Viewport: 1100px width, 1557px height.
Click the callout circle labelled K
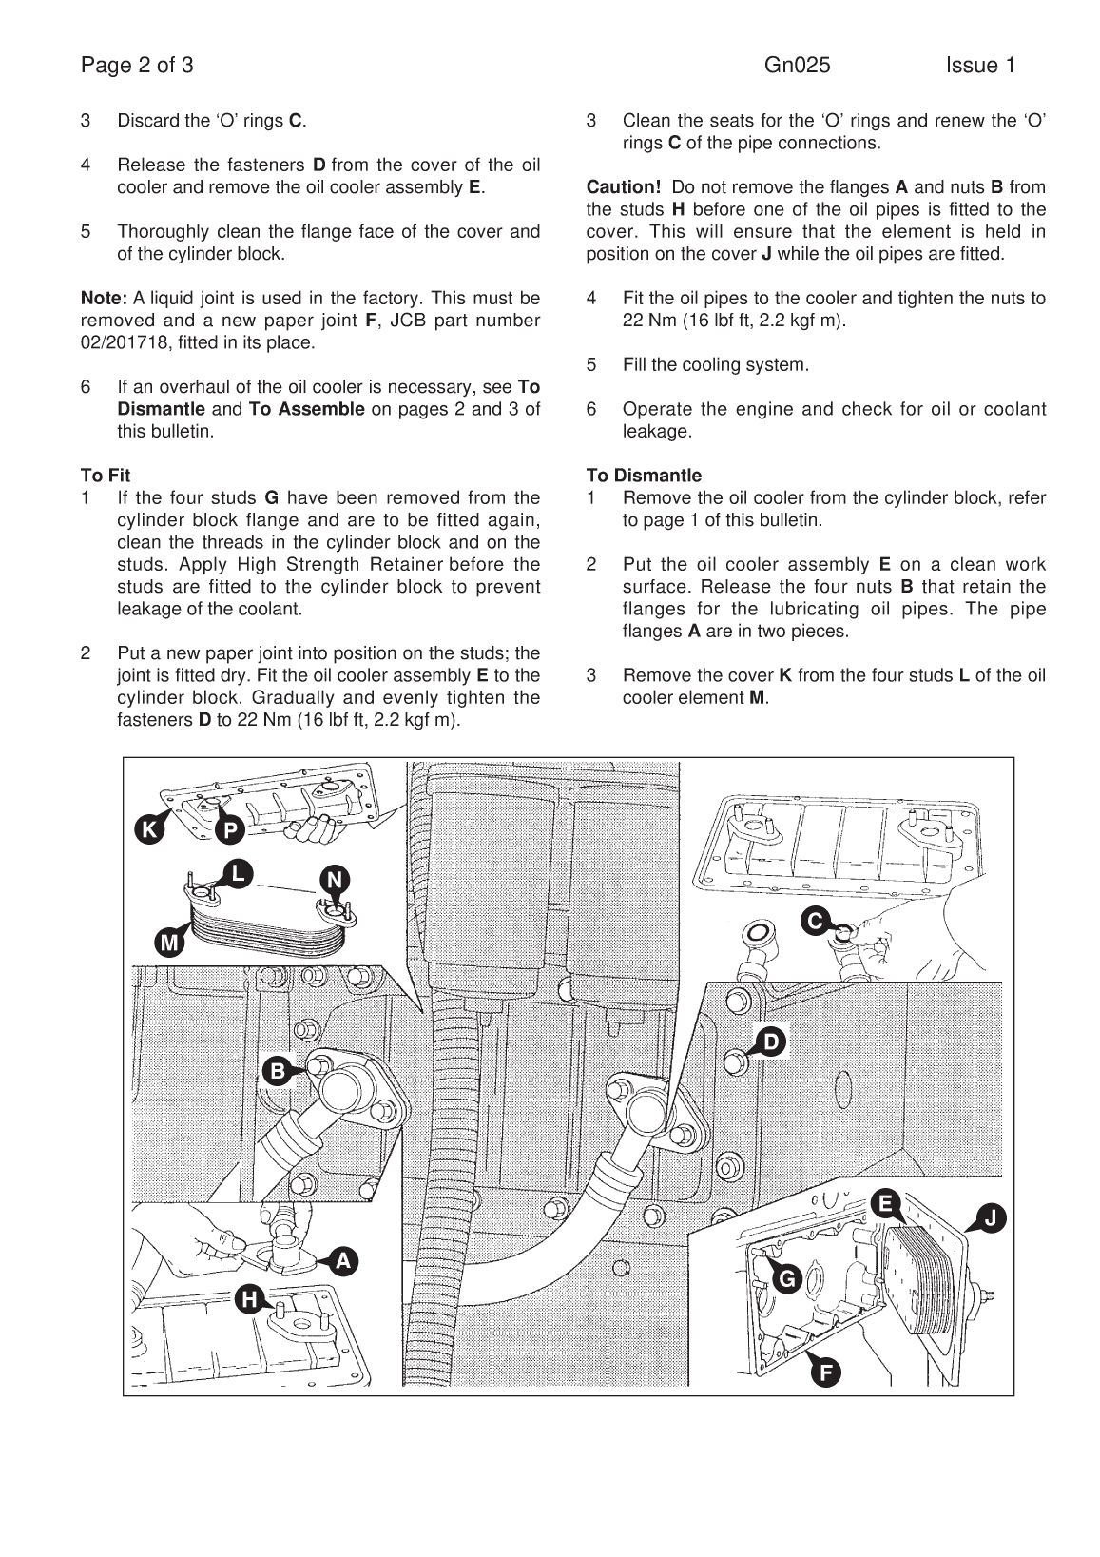(x=149, y=830)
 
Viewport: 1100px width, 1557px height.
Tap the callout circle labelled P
(x=230, y=830)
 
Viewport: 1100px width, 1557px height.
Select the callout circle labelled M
(x=169, y=943)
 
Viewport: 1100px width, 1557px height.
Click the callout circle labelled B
(x=278, y=1071)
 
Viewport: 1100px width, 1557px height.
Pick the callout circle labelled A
(x=343, y=1261)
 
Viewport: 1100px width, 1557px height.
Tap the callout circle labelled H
(x=250, y=1298)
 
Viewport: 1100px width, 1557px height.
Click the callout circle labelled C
(x=815, y=921)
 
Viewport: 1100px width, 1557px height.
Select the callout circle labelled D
(x=771, y=1042)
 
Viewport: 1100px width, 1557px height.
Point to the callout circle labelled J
(x=990, y=1218)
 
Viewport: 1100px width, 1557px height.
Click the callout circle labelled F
(x=825, y=1372)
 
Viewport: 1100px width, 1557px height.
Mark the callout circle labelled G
(x=787, y=1279)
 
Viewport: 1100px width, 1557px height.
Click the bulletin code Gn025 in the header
(x=797, y=66)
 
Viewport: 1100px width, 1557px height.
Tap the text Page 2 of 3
(x=137, y=66)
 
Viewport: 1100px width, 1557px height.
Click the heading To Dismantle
(x=644, y=476)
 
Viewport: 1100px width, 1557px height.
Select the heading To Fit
(x=106, y=476)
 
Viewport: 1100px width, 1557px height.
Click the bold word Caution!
(x=623, y=187)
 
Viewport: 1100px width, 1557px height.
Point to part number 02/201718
(x=126, y=342)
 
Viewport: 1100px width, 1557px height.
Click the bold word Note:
(x=104, y=299)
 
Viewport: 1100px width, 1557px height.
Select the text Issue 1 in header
(x=980, y=66)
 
